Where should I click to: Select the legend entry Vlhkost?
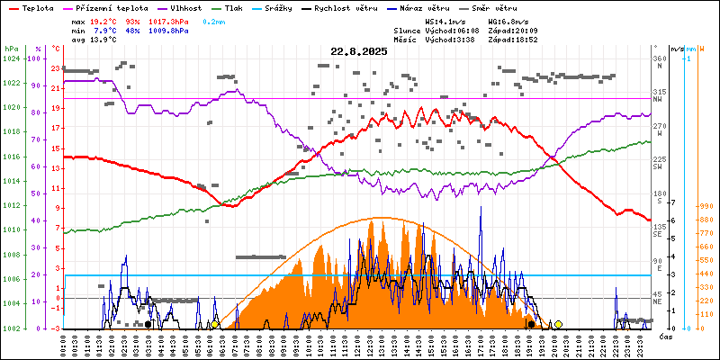193,7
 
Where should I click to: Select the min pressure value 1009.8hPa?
168,30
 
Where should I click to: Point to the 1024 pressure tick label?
11,58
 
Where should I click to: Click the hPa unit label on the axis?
11,48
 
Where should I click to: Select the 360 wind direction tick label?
660,58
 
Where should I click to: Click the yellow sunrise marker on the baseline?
215,324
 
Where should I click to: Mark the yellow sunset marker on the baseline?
558,324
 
